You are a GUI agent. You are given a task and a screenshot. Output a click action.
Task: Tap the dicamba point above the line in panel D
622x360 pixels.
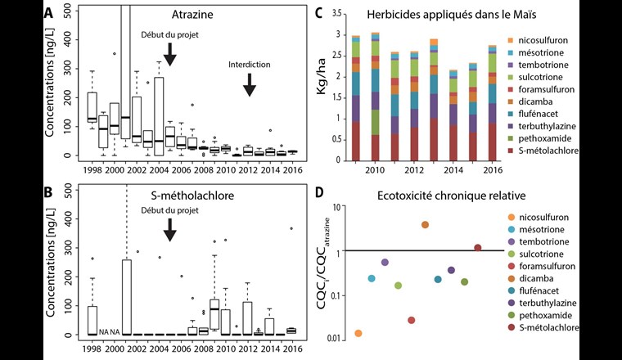click(x=425, y=225)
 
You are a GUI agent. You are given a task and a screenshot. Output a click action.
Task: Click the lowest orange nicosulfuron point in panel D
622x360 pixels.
click(x=358, y=333)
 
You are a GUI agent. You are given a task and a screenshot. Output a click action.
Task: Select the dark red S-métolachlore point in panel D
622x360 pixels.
click(x=477, y=248)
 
